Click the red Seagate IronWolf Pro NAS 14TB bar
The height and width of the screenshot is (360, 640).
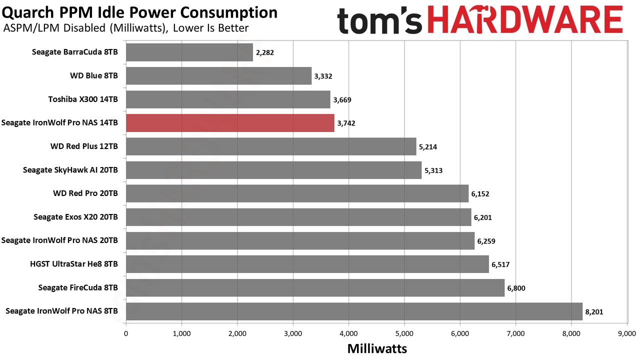pos(230,123)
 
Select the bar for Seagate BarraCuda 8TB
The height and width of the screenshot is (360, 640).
pos(189,52)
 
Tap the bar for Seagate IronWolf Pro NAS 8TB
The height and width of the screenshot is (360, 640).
pos(354,311)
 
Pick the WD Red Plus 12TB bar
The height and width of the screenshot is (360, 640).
pos(271,146)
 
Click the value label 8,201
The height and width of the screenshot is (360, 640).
pos(594,311)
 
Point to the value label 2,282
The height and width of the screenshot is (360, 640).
pos(265,52)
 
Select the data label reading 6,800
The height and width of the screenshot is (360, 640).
pos(516,288)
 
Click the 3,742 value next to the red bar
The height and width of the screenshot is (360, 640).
pos(346,123)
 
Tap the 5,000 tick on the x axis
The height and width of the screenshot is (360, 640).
pos(404,333)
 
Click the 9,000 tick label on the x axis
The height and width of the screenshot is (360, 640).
pos(627,333)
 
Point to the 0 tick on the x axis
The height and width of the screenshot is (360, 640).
pos(126,333)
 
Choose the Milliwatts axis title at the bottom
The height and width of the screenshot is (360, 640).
pos(377,348)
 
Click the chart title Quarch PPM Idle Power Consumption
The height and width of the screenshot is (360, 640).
pos(139,12)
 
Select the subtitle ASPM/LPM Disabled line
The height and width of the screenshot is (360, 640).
pos(126,28)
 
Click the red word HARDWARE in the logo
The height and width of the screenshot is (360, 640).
pos(525,19)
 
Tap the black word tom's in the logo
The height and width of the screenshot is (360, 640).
pos(379,20)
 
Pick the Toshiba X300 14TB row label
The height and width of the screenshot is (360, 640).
pos(83,99)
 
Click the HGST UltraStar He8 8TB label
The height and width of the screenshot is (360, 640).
pos(74,264)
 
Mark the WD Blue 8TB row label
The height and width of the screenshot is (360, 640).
pos(94,75)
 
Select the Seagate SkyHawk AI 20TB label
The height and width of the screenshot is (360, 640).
pos(70,170)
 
